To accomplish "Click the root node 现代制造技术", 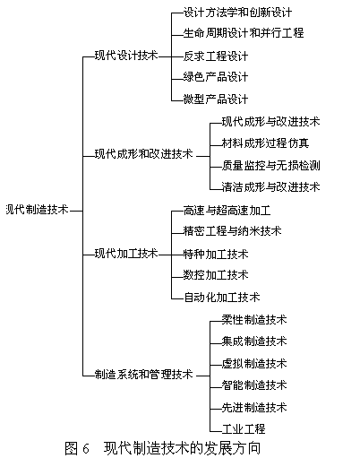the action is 38,210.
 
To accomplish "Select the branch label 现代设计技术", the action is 126,56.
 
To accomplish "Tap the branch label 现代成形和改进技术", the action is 144,154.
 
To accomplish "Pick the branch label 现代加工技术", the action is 126,254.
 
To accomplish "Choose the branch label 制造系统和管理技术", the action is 144,374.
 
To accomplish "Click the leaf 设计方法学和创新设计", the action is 237,13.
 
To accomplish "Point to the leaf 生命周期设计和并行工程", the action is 244,32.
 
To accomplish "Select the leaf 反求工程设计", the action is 216,56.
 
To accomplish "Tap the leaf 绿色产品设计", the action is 216,77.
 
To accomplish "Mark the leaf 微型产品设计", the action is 216,99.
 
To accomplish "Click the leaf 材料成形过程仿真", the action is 265,143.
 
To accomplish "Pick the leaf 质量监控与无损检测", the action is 270,165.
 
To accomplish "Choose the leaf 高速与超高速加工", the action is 227,211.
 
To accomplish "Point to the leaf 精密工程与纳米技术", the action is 232,230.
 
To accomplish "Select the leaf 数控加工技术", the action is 216,274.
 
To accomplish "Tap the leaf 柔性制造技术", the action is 254,319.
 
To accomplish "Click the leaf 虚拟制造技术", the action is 254,363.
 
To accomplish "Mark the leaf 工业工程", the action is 244,429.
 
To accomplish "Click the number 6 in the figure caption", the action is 86,448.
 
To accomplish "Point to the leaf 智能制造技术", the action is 254,385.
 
